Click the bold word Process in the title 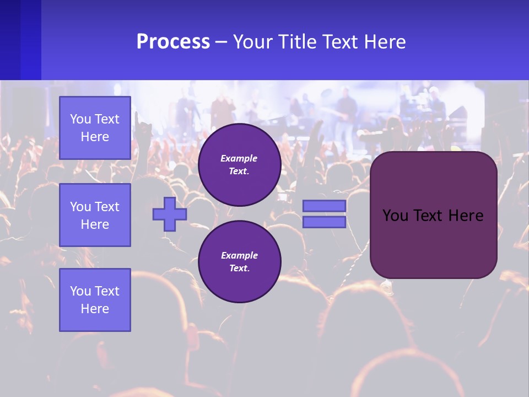tap(173, 42)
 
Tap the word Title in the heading tap(296, 42)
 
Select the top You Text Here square tap(95, 128)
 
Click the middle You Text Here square tap(95, 215)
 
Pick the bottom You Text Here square tap(95, 300)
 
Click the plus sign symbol tap(170, 214)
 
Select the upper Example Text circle tap(239, 165)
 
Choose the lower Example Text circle tap(239, 262)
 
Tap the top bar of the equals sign tap(324, 206)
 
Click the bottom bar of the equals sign tap(324, 222)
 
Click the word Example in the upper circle tap(239, 158)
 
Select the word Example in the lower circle tap(239, 255)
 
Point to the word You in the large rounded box tap(395, 216)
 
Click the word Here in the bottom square tap(95, 309)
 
